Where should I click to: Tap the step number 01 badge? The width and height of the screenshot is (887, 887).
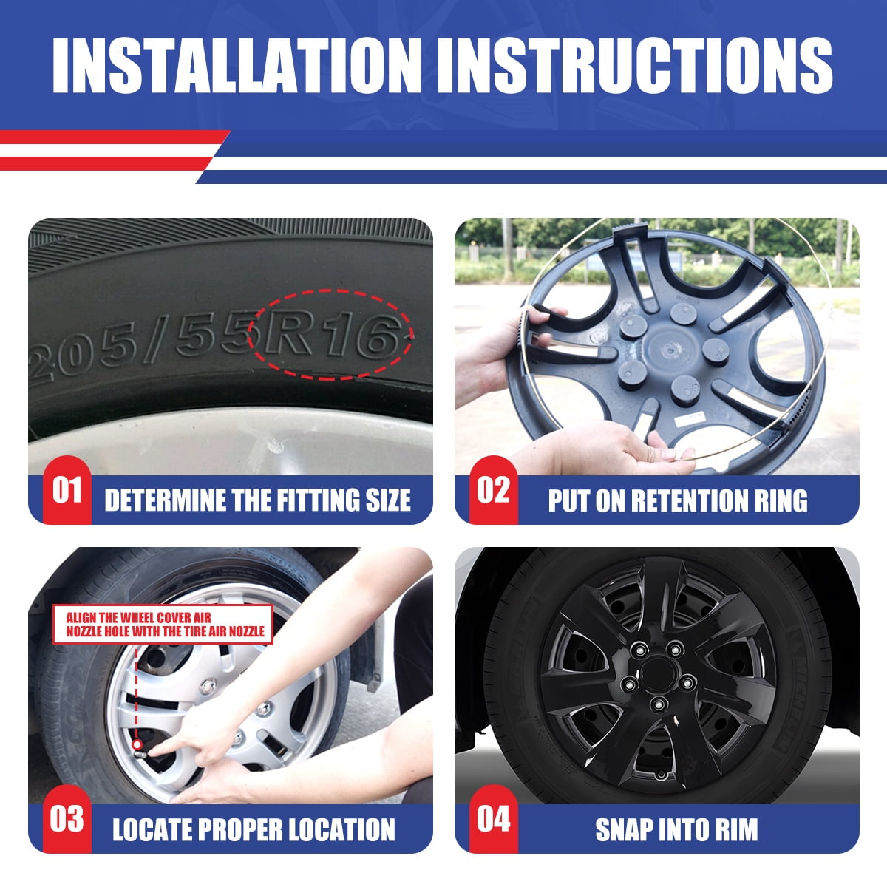pos(67,490)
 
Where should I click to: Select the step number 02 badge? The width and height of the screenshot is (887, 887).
pos(494,490)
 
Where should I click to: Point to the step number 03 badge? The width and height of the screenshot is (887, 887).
pos(67,819)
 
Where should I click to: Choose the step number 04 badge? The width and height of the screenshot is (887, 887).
pos(494,819)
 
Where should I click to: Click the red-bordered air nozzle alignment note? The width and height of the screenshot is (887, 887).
pos(163,625)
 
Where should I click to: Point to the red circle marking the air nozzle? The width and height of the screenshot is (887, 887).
pos(137,744)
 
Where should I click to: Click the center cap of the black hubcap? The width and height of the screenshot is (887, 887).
pos(658,676)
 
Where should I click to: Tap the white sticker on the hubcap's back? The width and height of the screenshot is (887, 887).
pos(690,418)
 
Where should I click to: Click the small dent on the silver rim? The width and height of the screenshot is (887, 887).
pos(275,446)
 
